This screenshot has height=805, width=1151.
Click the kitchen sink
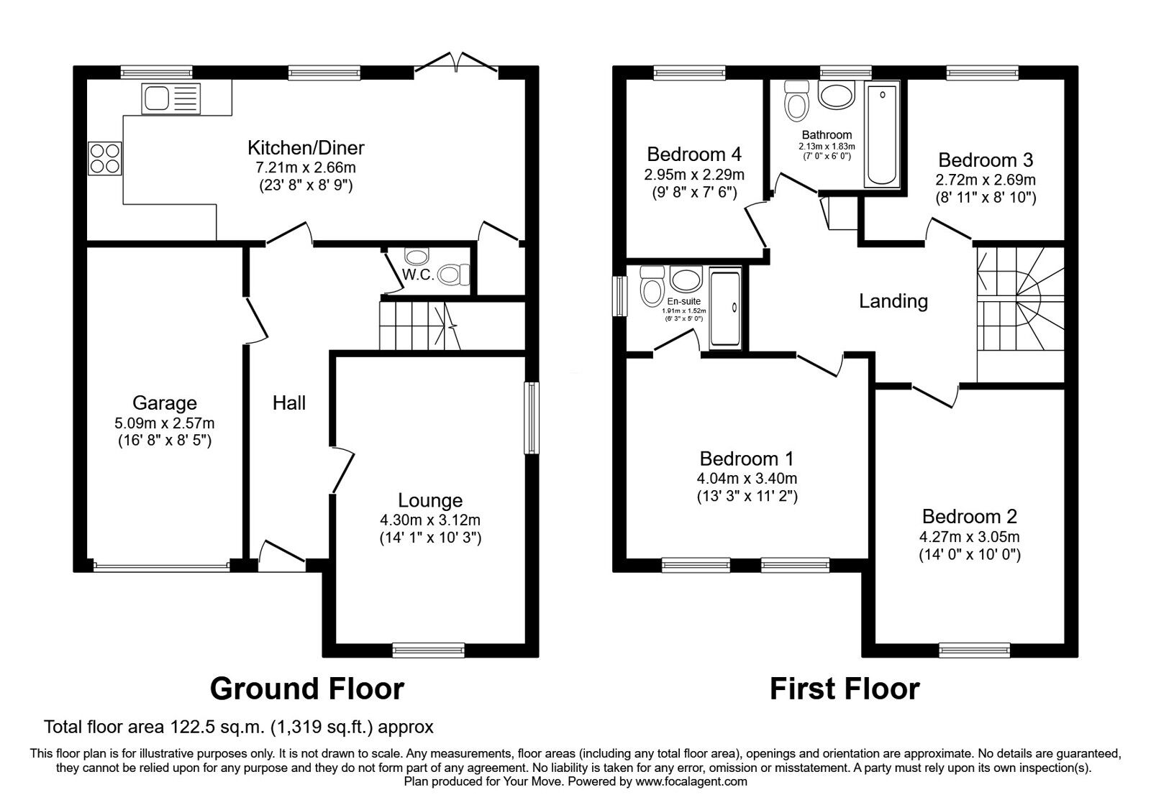click(170, 98)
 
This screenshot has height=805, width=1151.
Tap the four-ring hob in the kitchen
click(105, 158)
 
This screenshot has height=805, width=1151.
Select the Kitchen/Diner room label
click(306, 148)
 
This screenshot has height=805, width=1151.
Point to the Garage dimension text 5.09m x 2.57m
click(165, 423)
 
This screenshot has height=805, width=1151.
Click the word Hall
click(288, 403)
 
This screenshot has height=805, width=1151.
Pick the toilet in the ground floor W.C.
click(455, 274)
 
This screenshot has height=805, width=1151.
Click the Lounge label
click(430, 500)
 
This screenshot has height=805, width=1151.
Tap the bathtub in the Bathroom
click(882, 135)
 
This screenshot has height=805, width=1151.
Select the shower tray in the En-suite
click(725, 308)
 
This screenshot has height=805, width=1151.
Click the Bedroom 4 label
click(694, 154)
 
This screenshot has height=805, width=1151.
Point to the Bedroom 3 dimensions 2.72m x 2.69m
click(986, 180)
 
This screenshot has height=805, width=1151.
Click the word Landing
click(893, 301)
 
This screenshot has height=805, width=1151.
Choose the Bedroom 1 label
click(747, 459)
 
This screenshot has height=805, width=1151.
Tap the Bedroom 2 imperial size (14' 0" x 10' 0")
click(970, 555)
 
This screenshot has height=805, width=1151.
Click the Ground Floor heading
click(307, 689)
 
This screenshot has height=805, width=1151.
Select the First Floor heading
click(845, 689)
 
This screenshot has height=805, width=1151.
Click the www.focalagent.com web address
click(691, 781)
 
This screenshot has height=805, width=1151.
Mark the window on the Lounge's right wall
click(532, 418)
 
